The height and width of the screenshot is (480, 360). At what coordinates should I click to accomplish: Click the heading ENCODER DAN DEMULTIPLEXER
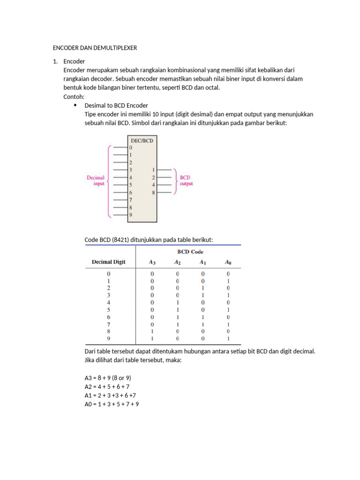[x=94, y=48]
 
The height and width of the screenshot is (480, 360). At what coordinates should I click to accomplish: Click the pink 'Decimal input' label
[x=96, y=181]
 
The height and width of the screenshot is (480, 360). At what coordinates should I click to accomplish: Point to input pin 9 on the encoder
[x=131, y=215]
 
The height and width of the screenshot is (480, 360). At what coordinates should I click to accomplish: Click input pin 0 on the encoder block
[x=131, y=147]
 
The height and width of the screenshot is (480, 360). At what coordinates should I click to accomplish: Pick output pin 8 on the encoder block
[x=153, y=192]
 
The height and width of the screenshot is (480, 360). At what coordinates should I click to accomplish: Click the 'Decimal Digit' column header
[x=109, y=262]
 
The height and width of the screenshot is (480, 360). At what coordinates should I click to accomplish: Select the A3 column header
[x=151, y=262]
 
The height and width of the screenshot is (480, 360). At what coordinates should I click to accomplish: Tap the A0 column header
[x=228, y=262]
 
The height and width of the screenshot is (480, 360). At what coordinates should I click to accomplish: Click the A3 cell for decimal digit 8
[x=151, y=331]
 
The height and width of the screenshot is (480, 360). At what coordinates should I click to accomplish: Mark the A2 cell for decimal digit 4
[x=177, y=302]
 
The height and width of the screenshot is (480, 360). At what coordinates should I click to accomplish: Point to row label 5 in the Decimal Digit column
[x=109, y=309]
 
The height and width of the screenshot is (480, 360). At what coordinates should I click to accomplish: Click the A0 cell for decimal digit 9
[x=228, y=338]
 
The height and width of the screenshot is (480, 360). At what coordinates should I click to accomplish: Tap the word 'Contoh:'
[x=74, y=97]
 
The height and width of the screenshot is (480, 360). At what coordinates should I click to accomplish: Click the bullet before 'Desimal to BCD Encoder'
[x=75, y=105]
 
